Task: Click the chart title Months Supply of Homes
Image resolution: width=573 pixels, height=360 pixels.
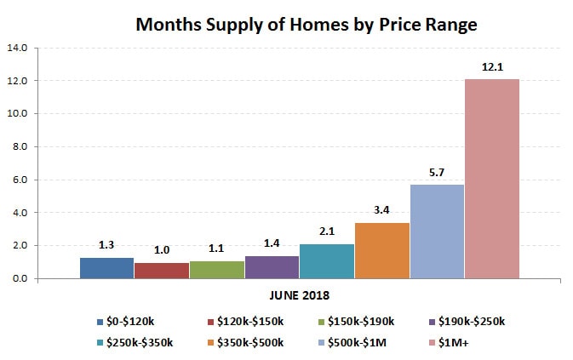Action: (x=307, y=25)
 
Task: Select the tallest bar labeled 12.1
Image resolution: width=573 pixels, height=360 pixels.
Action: (x=491, y=179)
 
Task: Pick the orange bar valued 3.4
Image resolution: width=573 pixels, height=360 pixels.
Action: (x=381, y=250)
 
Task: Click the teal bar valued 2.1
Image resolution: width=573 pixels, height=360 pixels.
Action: (x=327, y=261)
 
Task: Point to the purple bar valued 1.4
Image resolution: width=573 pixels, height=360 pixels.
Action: (x=272, y=267)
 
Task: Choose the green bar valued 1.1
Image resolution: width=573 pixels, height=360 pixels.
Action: (x=217, y=270)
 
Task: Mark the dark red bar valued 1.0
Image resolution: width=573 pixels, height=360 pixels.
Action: (x=162, y=271)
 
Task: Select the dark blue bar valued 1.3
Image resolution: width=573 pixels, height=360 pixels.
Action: (x=107, y=268)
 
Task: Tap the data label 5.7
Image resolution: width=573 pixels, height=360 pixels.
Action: (x=437, y=170)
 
